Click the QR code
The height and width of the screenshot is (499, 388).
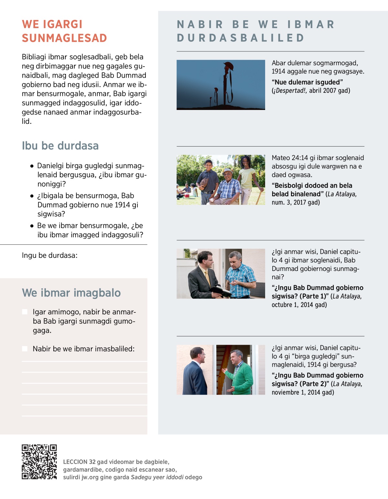(x=39, y=461)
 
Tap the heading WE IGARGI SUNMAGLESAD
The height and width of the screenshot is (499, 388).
(x=64, y=31)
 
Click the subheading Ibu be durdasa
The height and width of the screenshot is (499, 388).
(x=60, y=146)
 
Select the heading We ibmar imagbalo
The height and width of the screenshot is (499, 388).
(x=71, y=293)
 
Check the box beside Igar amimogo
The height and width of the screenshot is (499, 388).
(x=25, y=312)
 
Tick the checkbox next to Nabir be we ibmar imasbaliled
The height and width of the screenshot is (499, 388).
(x=25, y=349)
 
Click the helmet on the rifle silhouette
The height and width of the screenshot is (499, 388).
(x=228, y=66)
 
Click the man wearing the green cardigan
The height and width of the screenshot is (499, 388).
(x=240, y=372)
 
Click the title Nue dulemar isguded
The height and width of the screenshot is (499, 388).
(x=307, y=82)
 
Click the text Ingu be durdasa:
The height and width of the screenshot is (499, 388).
(x=49, y=255)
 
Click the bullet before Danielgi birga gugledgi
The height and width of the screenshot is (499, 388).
(x=32, y=166)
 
